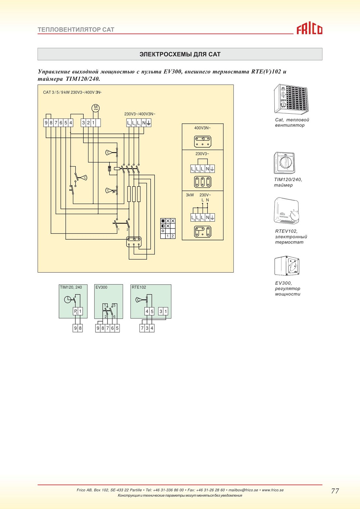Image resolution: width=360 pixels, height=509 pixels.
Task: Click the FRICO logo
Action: click(x=309, y=29)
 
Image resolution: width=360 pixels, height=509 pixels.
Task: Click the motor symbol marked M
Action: click(x=96, y=108)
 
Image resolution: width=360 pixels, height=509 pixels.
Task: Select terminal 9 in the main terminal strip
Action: click(x=46, y=123)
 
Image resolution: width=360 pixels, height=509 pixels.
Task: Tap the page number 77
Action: click(x=335, y=491)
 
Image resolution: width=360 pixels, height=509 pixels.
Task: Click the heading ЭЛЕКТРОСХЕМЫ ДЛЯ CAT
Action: click(x=180, y=54)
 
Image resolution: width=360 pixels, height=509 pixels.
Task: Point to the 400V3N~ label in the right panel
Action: click(x=203, y=128)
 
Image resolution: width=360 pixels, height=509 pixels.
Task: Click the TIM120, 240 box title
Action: click(x=71, y=287)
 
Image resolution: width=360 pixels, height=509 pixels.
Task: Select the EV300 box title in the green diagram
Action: click(x=101, y=287)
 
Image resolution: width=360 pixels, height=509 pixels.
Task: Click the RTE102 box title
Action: click(x=139, y=287)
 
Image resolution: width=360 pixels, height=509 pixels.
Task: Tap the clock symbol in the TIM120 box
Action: click(x=68, y=300)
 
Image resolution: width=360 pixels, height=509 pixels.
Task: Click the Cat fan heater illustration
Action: click(x=291, y=99)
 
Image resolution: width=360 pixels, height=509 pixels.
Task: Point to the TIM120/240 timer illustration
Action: click(x=285, y=163)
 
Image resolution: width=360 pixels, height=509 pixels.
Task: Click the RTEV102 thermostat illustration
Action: click(x=286, y=211)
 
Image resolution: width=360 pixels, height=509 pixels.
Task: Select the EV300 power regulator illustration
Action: click(x=287, y=266)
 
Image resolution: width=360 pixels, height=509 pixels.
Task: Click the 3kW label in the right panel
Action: click(x=190, y=195)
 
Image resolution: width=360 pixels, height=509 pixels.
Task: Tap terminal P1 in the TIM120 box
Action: click(x=75, y=311)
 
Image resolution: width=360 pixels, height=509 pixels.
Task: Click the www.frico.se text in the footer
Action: click(x=273, y=490)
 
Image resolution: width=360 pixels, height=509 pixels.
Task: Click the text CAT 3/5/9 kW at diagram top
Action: click(x=56, y=92)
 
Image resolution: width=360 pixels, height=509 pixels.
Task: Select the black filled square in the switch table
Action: click(x=163, y=221)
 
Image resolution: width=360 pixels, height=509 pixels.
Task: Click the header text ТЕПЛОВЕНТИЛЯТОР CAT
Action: click(x=76, y=29)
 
